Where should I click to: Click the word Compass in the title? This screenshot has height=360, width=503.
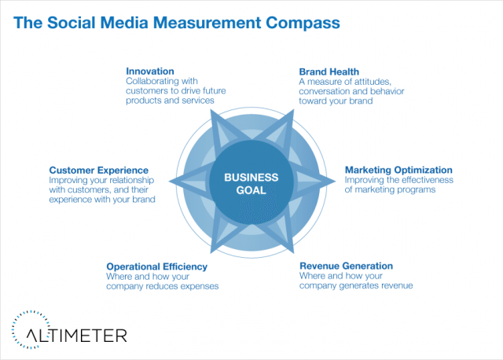pyautogui.click(x=303, y=23)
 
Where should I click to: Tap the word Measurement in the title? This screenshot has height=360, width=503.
pyautogui.click(x=207, y=23)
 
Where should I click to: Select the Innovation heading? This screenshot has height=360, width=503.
pyautogui.click(x=150, y=72)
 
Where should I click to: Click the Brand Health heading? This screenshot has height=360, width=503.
pyautogui.click(x=329, y=72)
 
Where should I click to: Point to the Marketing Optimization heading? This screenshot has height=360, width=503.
pyautogui.click(x=398, y=170)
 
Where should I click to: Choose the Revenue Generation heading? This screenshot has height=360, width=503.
pyautogui.click(x=346, y=266)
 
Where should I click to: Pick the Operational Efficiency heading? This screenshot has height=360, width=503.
pyautogui.click(x=157, y=266)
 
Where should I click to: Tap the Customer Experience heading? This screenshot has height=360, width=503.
pyautogui.click(x=99, y=171)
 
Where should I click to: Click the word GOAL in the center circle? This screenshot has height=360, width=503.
pyautogui.click(x=251, y=190)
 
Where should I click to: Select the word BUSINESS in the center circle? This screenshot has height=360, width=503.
pyautogui.click(x=251, y=178)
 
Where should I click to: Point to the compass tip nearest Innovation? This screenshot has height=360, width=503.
pyautogui.click(x=211, y=109)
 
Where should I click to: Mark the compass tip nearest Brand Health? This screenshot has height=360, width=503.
pyautogui.click(x=293, y=110)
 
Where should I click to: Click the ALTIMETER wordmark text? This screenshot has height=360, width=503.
pyautogui.click(x=77, y=336)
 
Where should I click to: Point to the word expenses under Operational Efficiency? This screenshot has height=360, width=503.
pyautogui.click(x=200, y=286)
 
